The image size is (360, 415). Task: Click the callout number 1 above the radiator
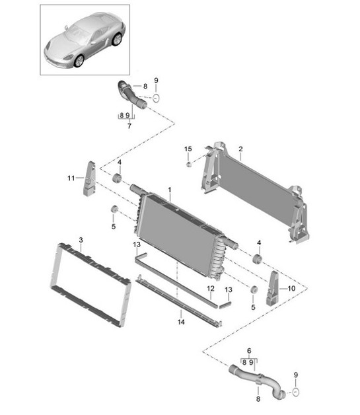point(170,190)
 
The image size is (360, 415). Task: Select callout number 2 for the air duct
point(240,149)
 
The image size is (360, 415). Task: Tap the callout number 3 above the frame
point(81,240)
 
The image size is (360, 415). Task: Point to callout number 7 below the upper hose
point(129,126)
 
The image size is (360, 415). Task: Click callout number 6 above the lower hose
point(249,351)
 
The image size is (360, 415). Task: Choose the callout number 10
point(291,288)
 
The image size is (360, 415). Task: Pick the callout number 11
point(71,178)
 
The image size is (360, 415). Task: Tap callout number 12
point(211,288)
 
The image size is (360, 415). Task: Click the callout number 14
point(181,322)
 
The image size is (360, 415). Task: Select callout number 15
point(188,149)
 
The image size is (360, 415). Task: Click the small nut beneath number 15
point(188,165)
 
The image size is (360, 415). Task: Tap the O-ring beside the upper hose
point(157,98)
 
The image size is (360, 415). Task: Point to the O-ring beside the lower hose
point(296,392)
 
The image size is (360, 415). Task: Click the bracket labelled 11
point(89,178)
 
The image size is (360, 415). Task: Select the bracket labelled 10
point(272,288)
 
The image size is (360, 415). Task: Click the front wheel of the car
point(79,61)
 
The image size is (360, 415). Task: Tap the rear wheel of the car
point(117,39)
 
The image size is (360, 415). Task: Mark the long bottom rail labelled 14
point(178,301)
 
